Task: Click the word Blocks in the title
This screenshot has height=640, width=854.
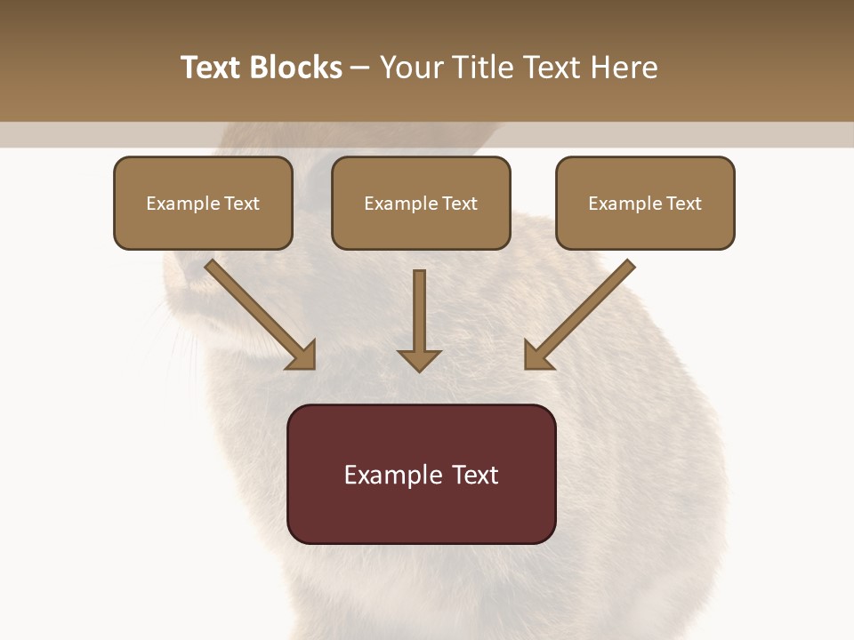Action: click(297, 68)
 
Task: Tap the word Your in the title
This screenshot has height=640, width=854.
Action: click(409, 68)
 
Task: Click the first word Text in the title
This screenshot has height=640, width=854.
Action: click(213, 68)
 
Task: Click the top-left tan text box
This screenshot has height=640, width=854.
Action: click(203, 204)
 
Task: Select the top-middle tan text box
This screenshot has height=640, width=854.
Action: click(421, 204)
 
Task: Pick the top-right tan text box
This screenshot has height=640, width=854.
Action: click(645, 204)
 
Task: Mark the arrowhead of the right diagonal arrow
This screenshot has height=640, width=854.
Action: click(539, 355)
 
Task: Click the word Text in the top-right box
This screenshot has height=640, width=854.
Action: click(684, 204)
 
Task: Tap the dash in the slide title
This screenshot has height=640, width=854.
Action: click(360, 68)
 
